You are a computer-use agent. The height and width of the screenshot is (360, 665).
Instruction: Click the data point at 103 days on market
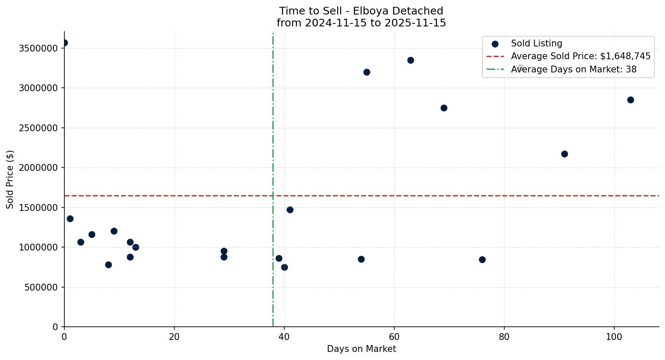[x=630, y=100]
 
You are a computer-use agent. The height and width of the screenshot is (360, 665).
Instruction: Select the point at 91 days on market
[x=564, y=154]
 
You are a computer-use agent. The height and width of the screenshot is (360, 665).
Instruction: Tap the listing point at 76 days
[x=482, y=259]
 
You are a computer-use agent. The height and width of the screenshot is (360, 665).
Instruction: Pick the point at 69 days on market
[x=444, y=108]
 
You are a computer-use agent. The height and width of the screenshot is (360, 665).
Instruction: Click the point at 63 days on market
[x=411, y=60]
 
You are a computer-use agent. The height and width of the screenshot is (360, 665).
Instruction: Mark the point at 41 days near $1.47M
[x=290, y=210]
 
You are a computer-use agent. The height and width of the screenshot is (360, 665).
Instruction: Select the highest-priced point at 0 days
[x=64, y=43]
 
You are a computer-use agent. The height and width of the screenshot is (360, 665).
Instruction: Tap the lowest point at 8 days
[x=108, y=265]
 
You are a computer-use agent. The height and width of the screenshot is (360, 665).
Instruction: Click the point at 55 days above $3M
[x=367, y=72]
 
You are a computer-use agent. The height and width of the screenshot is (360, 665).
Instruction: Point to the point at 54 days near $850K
[x=361, y=259]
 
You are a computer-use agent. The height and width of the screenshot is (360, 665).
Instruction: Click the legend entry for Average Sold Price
[x=581, y=56]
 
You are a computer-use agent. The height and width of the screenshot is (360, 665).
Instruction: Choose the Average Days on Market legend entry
[x=573, y=69]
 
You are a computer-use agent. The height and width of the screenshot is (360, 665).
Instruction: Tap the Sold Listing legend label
[x=536, y=43]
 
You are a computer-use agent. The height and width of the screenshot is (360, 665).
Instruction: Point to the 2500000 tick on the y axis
[x=38, y=128]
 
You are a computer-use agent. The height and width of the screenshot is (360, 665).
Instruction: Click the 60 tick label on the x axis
[x=394, y=337]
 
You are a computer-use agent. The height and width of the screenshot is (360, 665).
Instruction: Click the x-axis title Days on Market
[x=361, y=349]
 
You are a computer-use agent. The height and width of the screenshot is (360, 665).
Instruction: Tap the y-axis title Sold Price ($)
[x=10, y=179]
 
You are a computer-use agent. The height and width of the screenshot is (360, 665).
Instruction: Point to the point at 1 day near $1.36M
[x=70, y=219]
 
